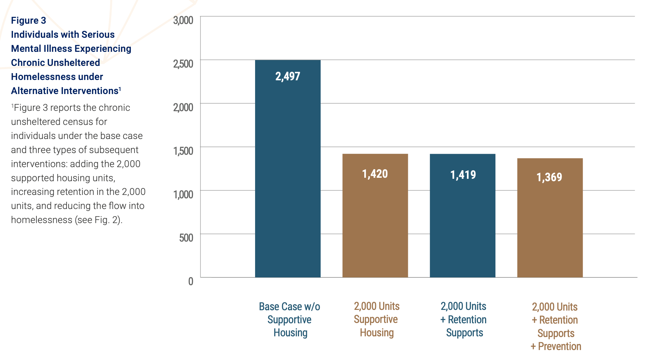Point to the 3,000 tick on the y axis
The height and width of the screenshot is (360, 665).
pyautogui.click(x=183, y=20)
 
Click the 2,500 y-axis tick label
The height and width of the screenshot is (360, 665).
pyautogui.click(x=183, y=64)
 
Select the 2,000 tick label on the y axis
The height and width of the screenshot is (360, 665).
pyautogui.click(x=183, y=107)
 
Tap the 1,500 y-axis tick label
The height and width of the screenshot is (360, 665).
pyautogui.click(x=183, y=151)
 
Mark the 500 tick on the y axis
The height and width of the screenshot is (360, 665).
pyautogui.click(x=186, y=238)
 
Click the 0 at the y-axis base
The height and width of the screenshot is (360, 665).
pyautogui.click(x=191, y=281)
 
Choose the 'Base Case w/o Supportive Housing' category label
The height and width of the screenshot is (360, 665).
pyautogui.click(x=289, y=320)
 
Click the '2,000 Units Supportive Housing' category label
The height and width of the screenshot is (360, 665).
pyautogui.click(x=376, y=320)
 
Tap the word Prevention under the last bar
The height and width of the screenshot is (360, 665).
pyautogui.click(x=559, y=346)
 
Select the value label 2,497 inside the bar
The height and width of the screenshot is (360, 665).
pyautogui.click(x=288, y=76)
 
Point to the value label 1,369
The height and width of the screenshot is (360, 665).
pyautogui.click(x=549, y=177)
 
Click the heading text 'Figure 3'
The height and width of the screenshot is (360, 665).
pyautogui.click(x=28, y=21)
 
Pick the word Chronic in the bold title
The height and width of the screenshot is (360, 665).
pyautogui.click(x=27, y=63)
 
